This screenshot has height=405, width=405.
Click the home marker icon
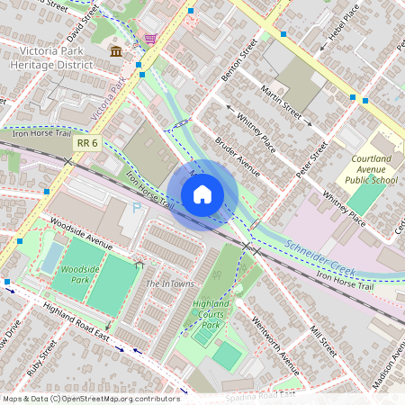[202, 194]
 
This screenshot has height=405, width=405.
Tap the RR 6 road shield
[87, 142]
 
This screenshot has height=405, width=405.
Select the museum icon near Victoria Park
[116, 51]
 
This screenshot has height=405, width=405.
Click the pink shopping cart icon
[149, 39]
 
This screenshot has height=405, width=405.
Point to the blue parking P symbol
[137, 209]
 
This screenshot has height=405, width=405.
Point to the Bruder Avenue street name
[237, 157]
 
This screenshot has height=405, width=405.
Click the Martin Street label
[281, 100]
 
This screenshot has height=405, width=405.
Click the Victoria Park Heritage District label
[51, 58]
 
